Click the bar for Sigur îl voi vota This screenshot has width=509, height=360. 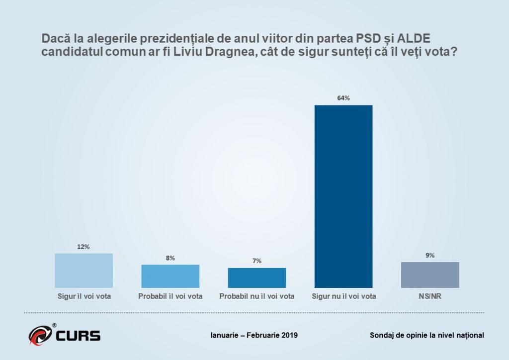click(84, 270)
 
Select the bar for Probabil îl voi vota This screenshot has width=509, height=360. click(170, 276)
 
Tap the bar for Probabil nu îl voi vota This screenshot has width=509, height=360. click(256, 277)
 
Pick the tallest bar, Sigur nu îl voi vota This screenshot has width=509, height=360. click(343, 196)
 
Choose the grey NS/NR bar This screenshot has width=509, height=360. click(430, 274)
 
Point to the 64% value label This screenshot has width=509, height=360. click(343, 98)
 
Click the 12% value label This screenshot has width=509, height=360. click(84, 247)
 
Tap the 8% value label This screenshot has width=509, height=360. click(170, 258)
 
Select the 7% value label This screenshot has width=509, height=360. click(256, 261)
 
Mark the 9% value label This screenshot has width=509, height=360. click(430, 255)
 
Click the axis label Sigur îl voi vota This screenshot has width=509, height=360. click(84, 296)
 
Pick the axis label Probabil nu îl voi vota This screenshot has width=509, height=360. click(256, 296)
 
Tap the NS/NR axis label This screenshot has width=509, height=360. click(430, 296)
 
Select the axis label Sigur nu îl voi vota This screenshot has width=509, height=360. click(343, 296)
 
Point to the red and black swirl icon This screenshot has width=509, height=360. click(40, 336)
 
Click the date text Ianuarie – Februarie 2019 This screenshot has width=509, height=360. click(254, 335)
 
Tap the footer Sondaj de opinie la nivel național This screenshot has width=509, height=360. click(427, 335)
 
